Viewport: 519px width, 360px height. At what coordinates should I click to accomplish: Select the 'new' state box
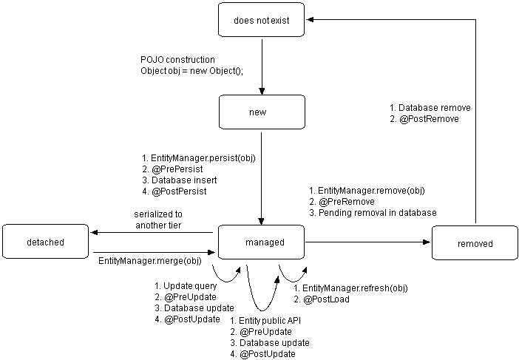tap(261, 112)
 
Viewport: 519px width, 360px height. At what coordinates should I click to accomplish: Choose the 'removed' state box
tap(475, 243)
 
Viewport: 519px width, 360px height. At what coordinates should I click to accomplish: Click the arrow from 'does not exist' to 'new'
tap(262, 67)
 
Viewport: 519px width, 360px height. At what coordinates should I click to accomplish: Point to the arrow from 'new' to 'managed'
tap(262, 177)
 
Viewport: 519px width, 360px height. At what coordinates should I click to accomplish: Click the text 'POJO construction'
tap(178, 59)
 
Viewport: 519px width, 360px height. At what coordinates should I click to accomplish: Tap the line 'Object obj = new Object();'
tap(191, 70)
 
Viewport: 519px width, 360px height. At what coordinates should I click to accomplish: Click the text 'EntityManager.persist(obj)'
tap(197, 158)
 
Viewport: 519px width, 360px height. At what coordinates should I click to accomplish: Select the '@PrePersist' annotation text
tap(174, 169)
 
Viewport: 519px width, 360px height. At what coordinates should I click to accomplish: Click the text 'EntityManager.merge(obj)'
tap(149, 262)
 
